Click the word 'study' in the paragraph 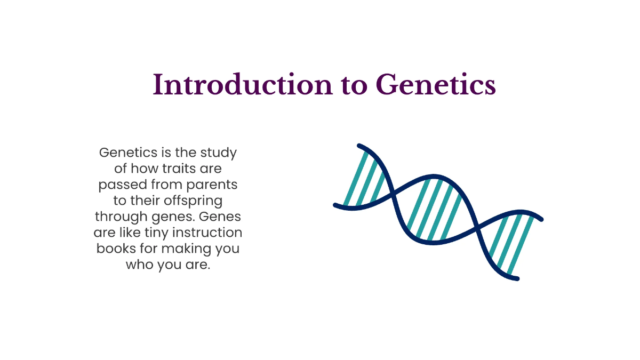[x=218, y=153]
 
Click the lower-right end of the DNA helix [x=516, y=278]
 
